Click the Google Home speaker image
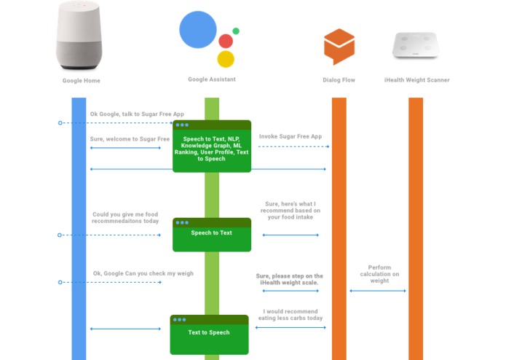(x=79, y=35)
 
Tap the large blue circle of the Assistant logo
(x=198, y=30)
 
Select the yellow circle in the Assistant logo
(x=226, y=59)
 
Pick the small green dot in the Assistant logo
(x=236, y=31)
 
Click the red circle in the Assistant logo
(x=226, y=41)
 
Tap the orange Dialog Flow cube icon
(x=339, y=47)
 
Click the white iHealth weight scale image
(x=416, y=45)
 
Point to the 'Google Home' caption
(x=82, y=81)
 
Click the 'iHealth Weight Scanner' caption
(x=416, y=80)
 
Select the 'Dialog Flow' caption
(x=339, y=80)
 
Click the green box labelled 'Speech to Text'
(x=212, y=235)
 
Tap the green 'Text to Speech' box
(x=209, y=334)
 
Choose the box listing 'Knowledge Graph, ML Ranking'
(x=212, y=146)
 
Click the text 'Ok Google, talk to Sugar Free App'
(x=137, y=114)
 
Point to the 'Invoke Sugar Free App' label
(x=290, y=136)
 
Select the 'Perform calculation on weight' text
(x=379, y=274)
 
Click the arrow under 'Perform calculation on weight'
(x=378, y=291)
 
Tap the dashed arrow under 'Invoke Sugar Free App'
(x=293, y=146)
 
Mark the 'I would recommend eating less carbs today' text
(x=290, y=315)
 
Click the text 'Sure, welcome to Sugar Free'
(x=130, y=139)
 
